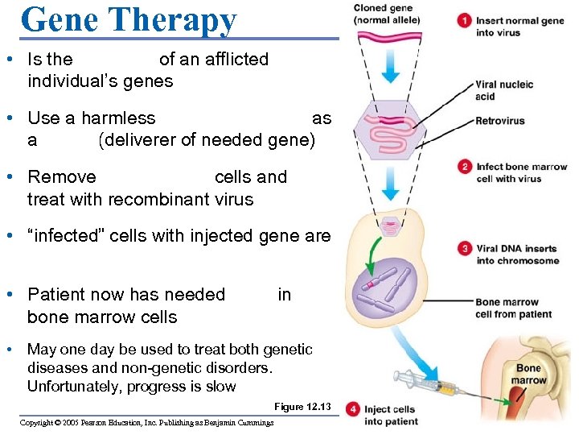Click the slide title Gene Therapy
pyautogui.click(x=129, y=19)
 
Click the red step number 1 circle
pyautogui.click(x=464, y=21)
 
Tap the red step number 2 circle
pyautogui.click(x=465, y=168)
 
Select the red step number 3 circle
pyautogui.click(x=465, y=249)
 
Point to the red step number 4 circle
pyautogui.click(x=354, y=410)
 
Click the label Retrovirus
pyautogui.click(x=499, y=122)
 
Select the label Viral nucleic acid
pyautogui.click(x=504, y=90)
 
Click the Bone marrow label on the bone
pyautogui.click(x=529, y=374)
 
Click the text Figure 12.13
pyautogui.click(x=302, y=407)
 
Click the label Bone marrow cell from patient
pyautogui.click(x=513, y=309)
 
